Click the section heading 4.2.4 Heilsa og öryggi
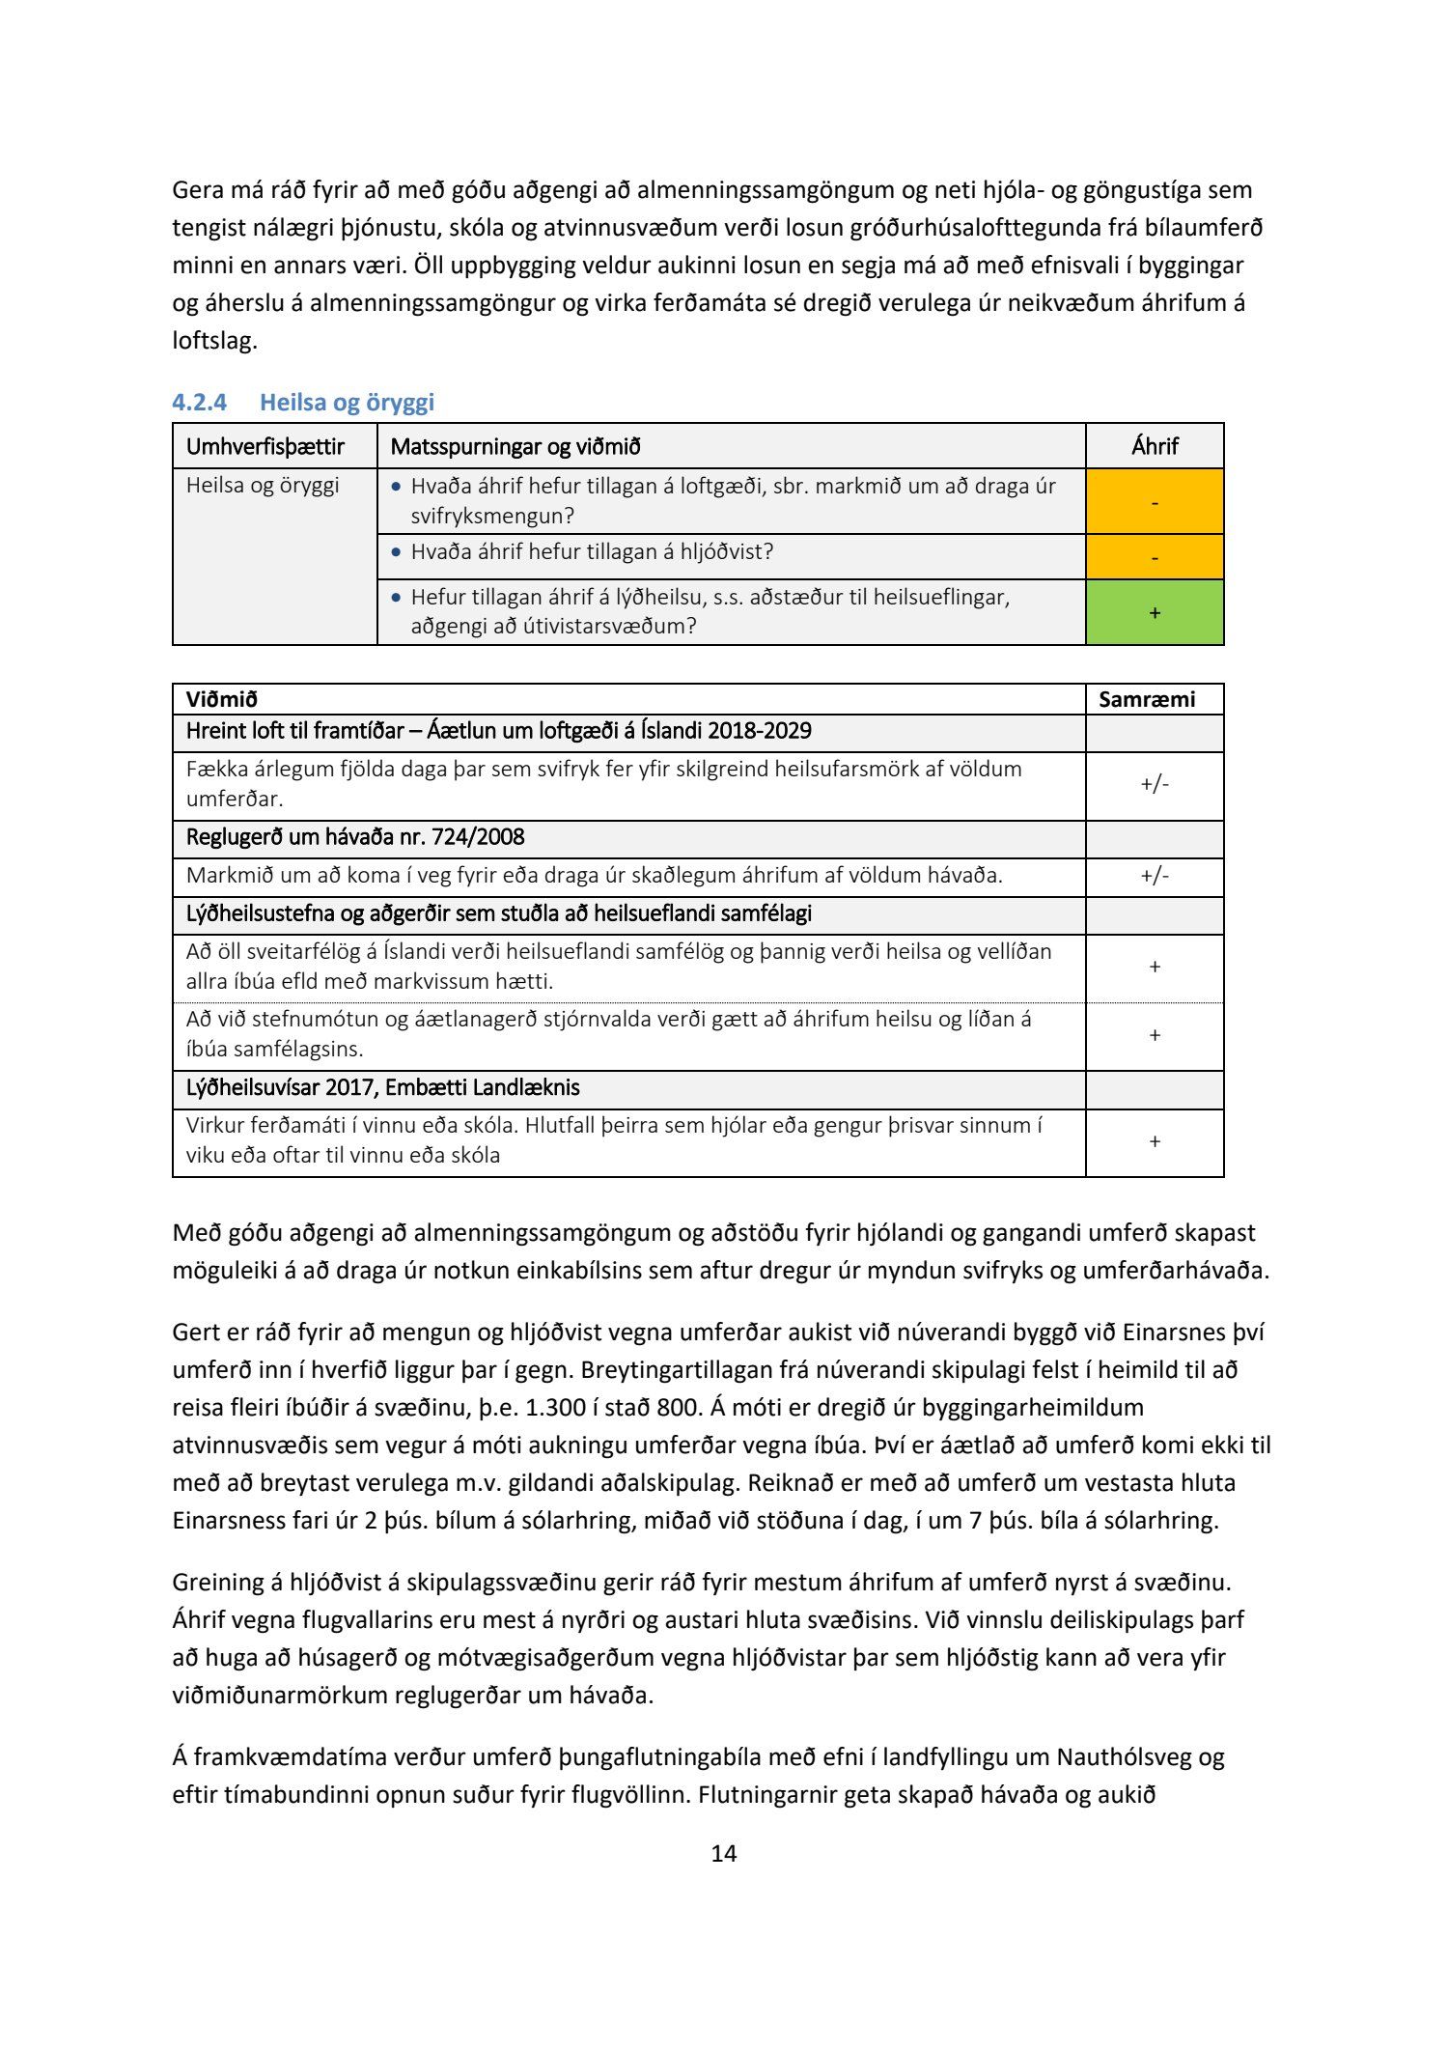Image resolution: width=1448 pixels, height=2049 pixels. [x=303, y=402]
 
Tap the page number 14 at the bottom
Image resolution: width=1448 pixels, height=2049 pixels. [x=723, y=1852]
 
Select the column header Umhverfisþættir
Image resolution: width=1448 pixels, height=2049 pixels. [x=265, y=446]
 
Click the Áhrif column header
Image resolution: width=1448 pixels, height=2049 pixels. [x=1155, y=446]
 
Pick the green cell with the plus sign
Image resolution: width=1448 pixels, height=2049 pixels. [x=1155, y=612]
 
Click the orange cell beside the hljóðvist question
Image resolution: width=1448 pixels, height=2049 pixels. [x=1155, y=557]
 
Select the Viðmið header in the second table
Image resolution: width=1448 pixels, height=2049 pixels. [x=222, y=699]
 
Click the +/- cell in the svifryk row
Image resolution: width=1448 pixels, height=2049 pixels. [x=1155, y=784]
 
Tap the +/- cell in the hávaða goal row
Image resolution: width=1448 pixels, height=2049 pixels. [x=1155, y=876]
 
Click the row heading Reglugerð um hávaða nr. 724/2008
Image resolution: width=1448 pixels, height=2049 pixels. [x=355, y=837]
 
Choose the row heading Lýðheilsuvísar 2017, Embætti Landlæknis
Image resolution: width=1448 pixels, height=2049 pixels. [x=382, y=1087]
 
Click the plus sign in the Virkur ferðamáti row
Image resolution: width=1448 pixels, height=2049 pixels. [x=1155, y=1141]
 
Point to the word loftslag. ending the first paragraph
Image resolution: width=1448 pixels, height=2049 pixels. [x=214, y=341]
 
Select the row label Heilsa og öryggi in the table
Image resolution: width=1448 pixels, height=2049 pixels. [x=263, y=485]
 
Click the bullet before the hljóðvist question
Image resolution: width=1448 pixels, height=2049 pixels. [x=396, y=552]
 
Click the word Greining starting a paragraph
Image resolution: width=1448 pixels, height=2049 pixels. [x=219, y=1582]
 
